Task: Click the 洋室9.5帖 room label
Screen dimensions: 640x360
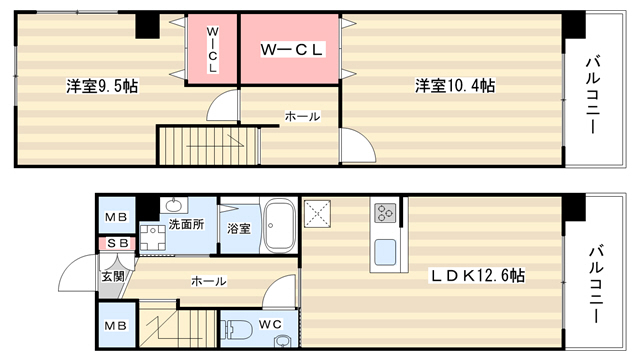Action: [x=102, y=86]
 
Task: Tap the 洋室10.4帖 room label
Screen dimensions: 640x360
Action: [x=455, y=86]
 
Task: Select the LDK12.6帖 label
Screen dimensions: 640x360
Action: [x=477, y=276]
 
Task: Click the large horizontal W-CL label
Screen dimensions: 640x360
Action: [x=292, y=49]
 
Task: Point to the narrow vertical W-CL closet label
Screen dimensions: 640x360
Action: [x=212, y=49]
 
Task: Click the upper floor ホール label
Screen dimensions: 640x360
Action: [x=302, y=117]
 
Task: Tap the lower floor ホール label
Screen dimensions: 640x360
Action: [x=209, y=281]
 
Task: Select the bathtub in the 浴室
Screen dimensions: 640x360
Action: [x=280, y=226]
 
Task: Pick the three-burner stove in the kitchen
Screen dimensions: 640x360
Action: [x=385, y=213]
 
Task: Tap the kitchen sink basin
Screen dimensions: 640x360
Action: [x=385, y=252]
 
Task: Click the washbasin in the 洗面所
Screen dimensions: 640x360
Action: [x=174, y=205]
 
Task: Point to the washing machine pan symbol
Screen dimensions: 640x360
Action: [x=153, y=238]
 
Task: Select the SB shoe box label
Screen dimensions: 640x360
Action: [x=118, y=244]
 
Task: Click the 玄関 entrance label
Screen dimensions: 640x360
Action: [x=113, y=276]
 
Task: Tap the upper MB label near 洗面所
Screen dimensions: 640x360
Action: [x=116, y=217]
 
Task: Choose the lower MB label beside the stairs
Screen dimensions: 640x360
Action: [x=116, y=326]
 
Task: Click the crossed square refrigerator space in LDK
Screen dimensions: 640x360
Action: [x=317, y=213]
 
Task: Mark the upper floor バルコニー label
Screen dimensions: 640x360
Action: [x=593, y=96]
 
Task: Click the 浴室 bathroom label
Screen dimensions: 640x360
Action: [x=238, y=228]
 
